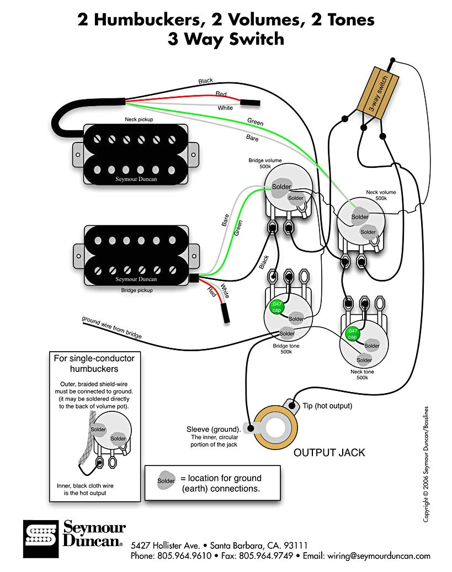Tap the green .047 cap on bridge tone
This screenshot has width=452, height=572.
tap(276, 308)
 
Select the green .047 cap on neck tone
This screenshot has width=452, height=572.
tap(352, 334)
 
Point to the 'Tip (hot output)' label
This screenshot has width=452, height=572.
tap(327, 406)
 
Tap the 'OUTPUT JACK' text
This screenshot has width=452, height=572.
tap(329, 452)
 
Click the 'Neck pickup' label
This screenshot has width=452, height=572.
tap(139, 119)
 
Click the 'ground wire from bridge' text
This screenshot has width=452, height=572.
tap(111, 327)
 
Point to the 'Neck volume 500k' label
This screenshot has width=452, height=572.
tap(380, 195)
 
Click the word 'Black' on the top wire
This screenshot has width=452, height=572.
tap(205, 81)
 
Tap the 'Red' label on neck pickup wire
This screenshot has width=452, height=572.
tap(221, 94)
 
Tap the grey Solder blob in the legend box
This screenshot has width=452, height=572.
tap(166, 481)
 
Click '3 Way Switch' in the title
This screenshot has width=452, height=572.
tap(226, 39)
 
